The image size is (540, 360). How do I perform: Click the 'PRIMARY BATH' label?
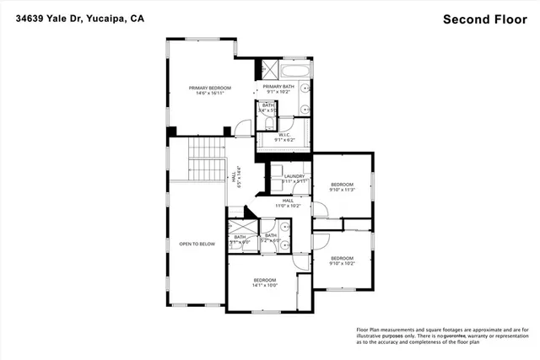coord(278,87)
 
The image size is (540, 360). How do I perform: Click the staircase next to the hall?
coord(206,159)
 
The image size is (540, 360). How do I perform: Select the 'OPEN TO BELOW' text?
coord(197,244)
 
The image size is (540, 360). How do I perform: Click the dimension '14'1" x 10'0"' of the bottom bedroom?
coord(264,285)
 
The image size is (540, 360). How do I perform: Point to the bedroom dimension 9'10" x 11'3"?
coord(342,190)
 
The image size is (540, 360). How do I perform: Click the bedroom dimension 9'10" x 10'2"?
coord(342,263)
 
